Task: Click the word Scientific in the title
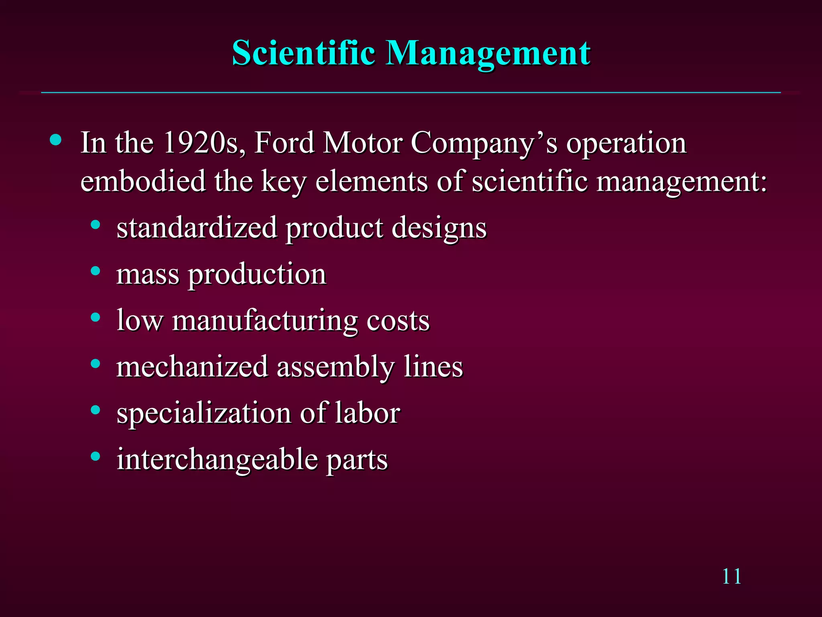[x=303, y=53]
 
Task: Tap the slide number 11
[x=731, y=577]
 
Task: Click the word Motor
[x=363, y=143]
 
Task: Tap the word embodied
[x=143, y=181]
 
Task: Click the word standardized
[x=197, y=228]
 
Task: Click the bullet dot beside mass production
[x=96, y=271]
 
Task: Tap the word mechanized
[x=192, y=367]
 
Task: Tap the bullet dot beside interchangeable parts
[x=96, y=456]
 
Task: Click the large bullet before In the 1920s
[x=56, y=140]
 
